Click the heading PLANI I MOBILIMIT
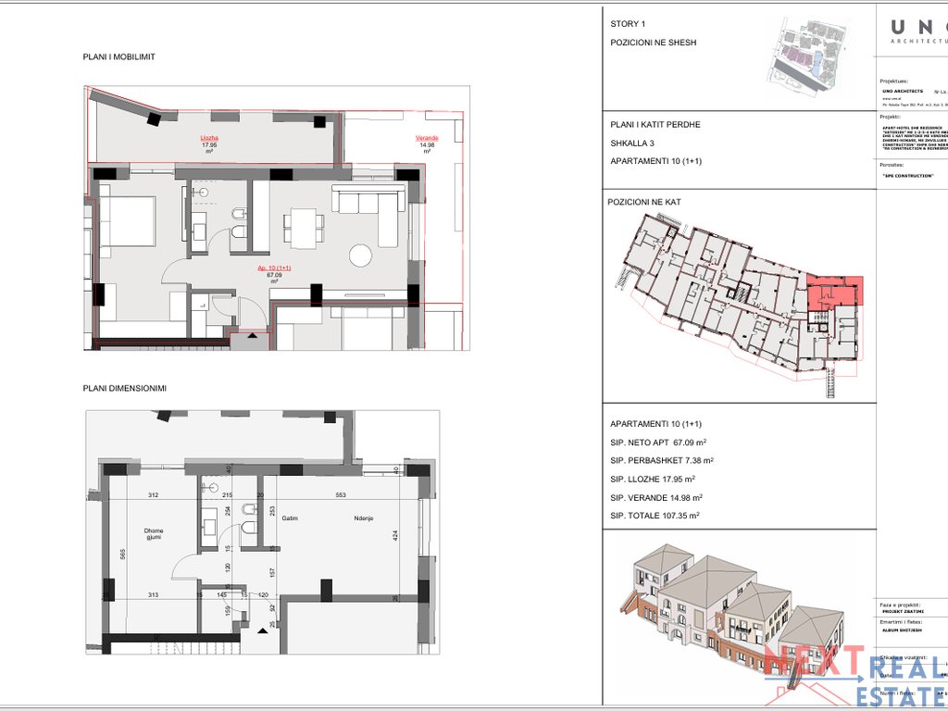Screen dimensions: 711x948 (x=118, y=57)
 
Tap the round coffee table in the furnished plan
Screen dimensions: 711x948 (x=361, y=254)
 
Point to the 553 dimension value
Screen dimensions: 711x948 (x=341, y=495)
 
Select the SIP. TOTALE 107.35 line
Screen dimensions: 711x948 (x=655, y=516)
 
